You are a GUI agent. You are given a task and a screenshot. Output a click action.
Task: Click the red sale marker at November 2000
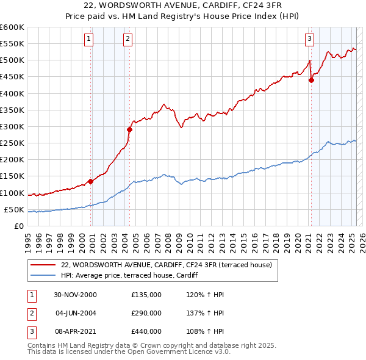91,181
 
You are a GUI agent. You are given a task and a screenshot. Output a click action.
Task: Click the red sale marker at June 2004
129,129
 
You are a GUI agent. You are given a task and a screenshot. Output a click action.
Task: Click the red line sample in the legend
44,265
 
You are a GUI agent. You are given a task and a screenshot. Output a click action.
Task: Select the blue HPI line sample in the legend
44,275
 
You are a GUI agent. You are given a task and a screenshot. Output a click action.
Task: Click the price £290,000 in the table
146,313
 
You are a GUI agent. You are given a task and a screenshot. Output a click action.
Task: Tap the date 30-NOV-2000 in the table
75,295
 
